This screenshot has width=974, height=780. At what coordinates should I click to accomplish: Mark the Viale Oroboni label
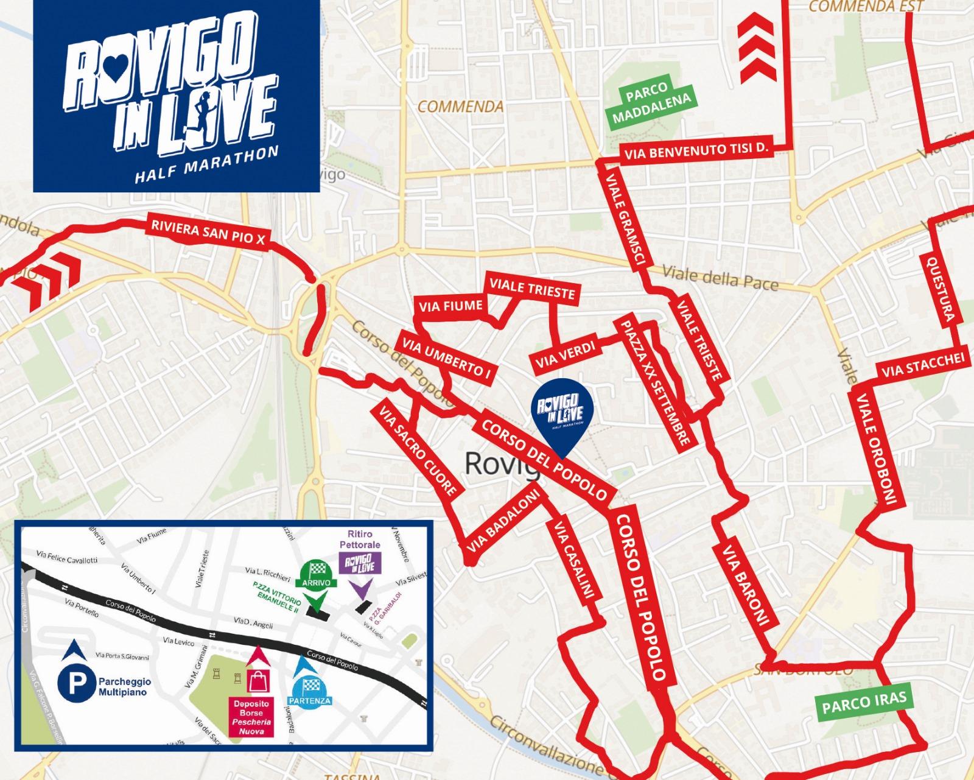point(877,449)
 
